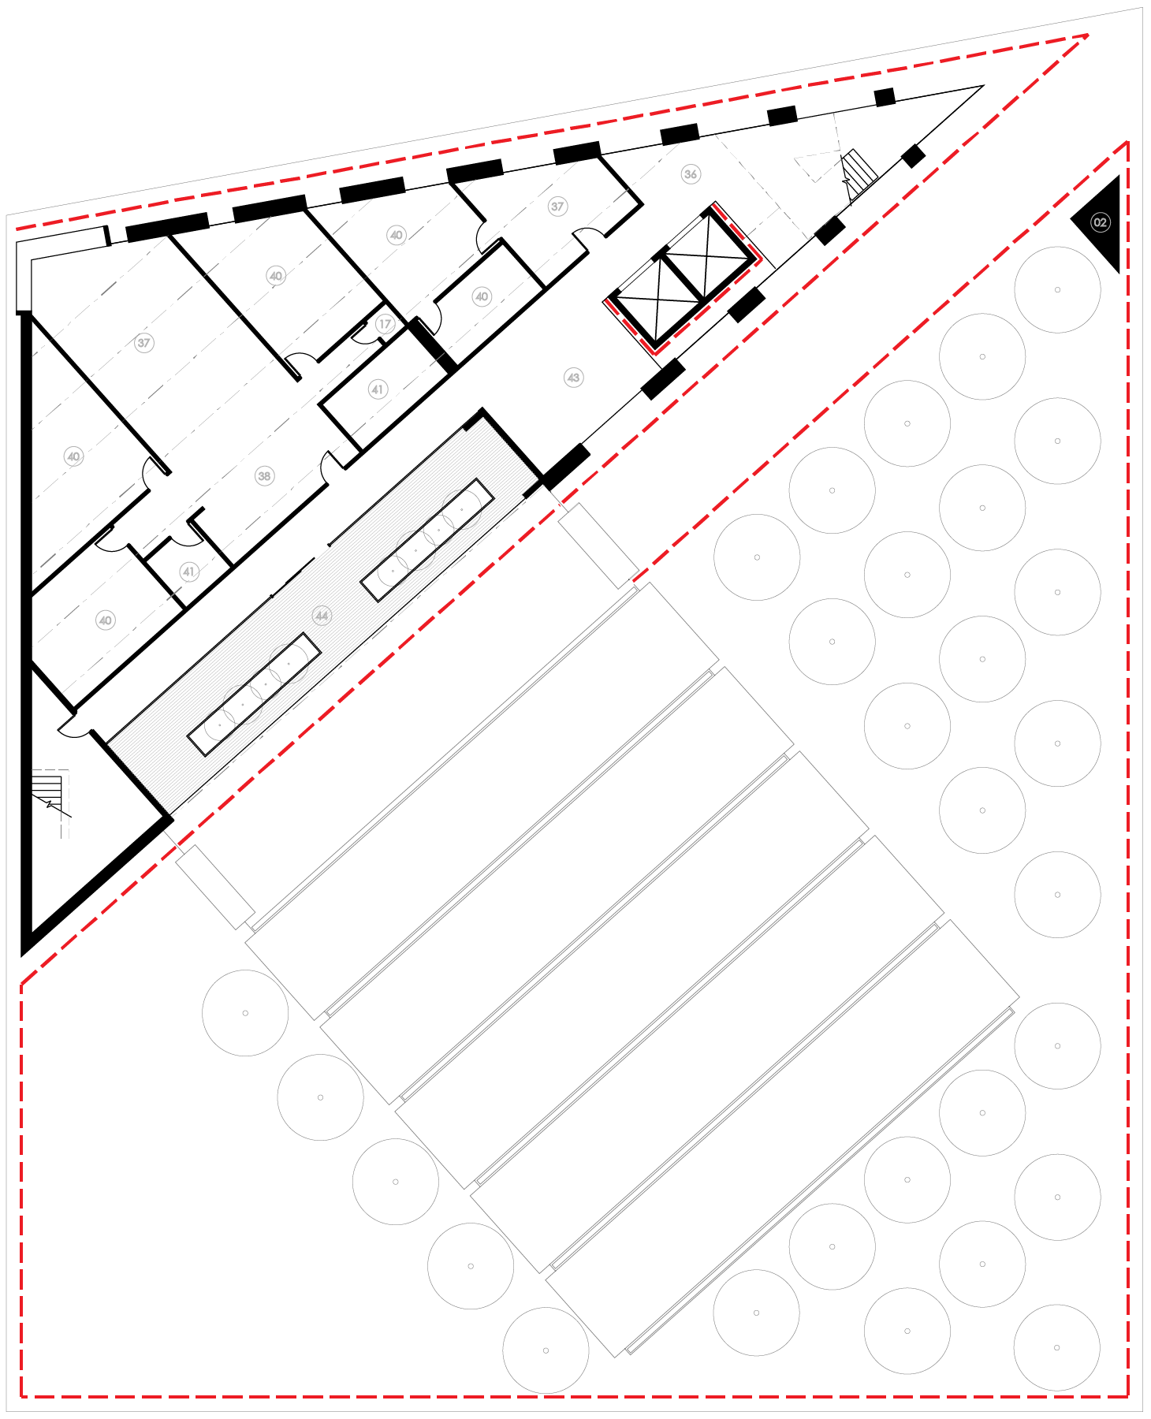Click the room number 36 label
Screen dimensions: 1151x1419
[691, 174]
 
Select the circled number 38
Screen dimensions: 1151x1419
[264, 476]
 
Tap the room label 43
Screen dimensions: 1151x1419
[573, 378]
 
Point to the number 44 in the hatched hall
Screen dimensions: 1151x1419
[321, 615]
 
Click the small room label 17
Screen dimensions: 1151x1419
[385, 324]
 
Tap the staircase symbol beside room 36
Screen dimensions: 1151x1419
[859, 174]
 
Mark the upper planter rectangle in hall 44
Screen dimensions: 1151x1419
[427, 539]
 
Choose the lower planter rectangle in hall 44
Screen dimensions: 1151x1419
[254, 694]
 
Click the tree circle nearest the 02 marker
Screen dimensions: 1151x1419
[1057, 289]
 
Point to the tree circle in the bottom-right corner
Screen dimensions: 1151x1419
[1056, 1347]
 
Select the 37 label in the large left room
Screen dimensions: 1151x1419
[143, 343]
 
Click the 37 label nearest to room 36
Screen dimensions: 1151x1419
[557, 207]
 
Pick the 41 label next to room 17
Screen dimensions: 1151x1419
[378, 389]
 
